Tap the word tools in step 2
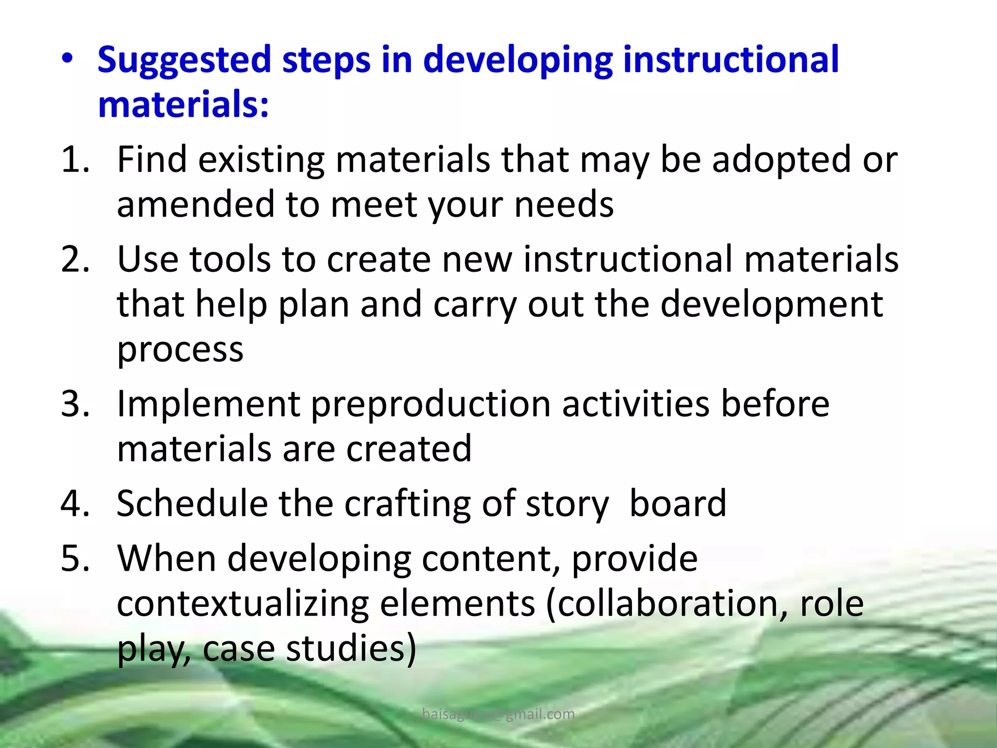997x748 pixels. pyautogui.click(x=229, y=259)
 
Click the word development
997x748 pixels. pyautogui.click(x=771, y=304)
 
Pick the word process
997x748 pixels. pyautogui.click(x=180, y=350)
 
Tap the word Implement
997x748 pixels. pyautogui.click(x=208, y=404)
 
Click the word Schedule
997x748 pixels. pyautogui.click(x=192, y=504)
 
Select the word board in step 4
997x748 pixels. pyautogui.click(x=677, y=504)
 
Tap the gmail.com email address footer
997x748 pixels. pyautogui.click(x=498, y=714)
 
